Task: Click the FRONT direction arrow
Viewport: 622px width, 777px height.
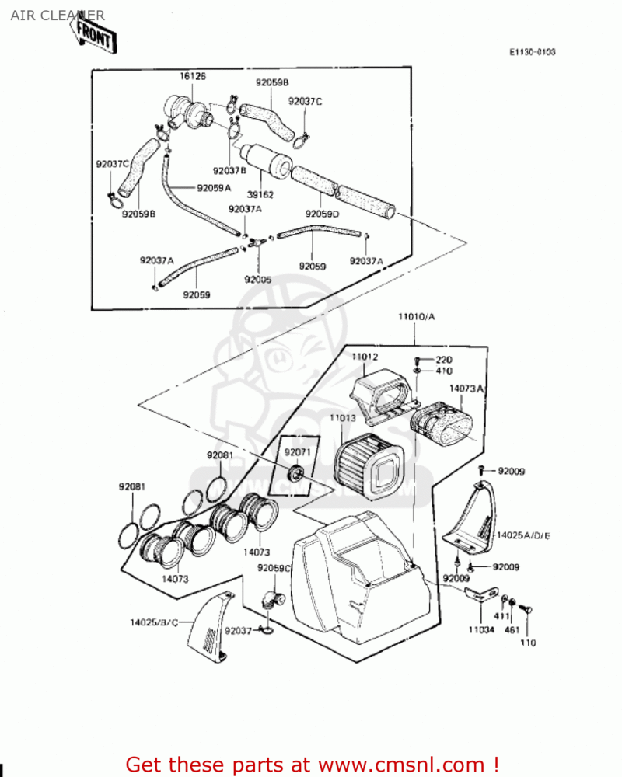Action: tap(94, 34)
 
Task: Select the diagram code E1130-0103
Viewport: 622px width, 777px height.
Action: tap(533, 52)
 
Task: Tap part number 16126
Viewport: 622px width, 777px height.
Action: tap(193, 77)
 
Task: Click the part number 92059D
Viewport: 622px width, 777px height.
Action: tap(320, 214)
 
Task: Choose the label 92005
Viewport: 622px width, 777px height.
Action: tap(257, 278)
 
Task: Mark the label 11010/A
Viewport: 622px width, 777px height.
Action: tap(416, 317)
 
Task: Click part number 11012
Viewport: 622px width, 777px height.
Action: tap(364, 357)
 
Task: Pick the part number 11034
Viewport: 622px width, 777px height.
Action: tap(480, 629)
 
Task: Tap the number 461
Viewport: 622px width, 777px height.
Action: tap(512, 629)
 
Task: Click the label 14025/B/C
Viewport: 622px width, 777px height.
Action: tap(154, 622)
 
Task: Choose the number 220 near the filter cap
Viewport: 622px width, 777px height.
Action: tap(443, 360)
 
